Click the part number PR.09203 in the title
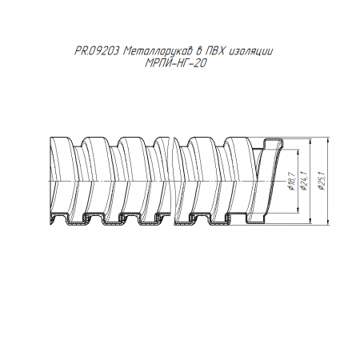97,51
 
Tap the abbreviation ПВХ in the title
214,51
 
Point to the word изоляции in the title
251,51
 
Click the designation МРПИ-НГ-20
176,63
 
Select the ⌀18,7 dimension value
291,182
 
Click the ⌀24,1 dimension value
305,182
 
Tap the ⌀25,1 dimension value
322,182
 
